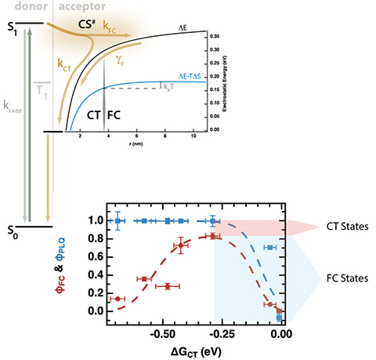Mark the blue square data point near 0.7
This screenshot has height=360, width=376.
click(x=269, y=248)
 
